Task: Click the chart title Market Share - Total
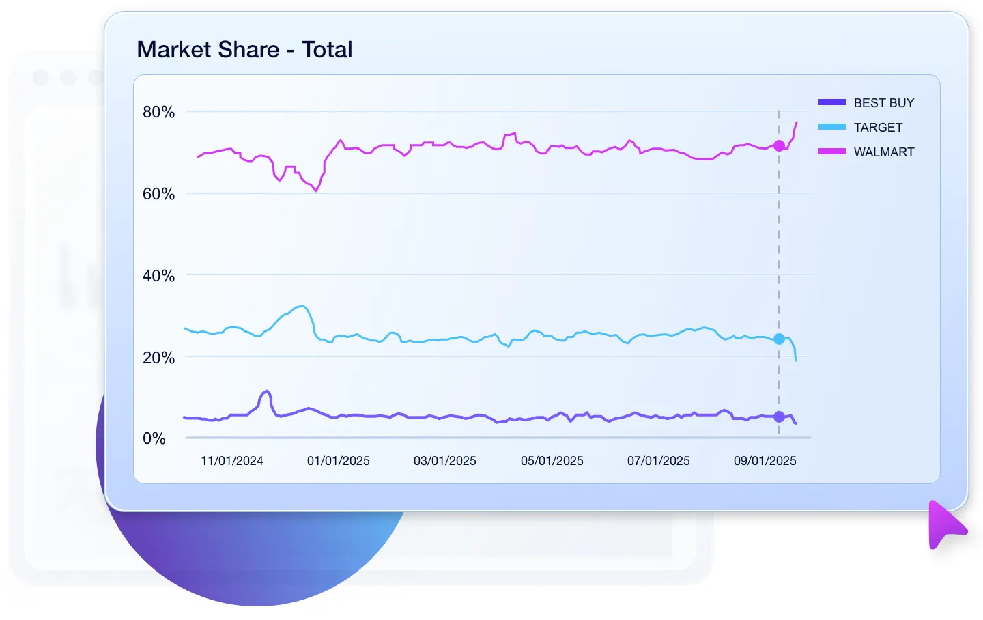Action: pyautogui.click(x=244, y=50)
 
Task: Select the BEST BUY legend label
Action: pyautogui.click(x=883, y=103)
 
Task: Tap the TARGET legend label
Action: pyautogui.click(x=878, y=128)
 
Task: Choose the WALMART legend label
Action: pyautogui.click(x=883, y=152)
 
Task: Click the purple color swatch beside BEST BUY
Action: pyautogui.click(x=831, y=102)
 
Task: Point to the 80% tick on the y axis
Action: pyautogui.click(x=158, y=112)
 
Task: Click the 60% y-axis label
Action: pyautogui.click(x=158, y=194)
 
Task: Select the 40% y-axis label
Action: pyautogui.click(x=158, y=276)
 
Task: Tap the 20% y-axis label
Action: pyautogui.click(x=158, y=358)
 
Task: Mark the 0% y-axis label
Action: pyautogui.click(x=154, y=438)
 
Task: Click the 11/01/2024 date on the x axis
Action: pyautogui.click(x=232, y=461)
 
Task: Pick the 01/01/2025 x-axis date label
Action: pyautogui.click(x=339, y=461)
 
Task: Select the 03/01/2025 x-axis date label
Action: pyautogui.click(x=445, y=461)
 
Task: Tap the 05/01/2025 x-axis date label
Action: pyautogui.click(x=552, y=461)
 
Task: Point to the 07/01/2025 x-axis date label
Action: pyautogui.click(x=659, y=461)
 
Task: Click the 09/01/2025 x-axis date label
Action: pyautogui.click(x=765, y=461)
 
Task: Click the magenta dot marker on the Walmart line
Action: pyautogui.click(x=779, y=145)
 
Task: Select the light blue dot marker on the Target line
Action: pyautogui.click(x=779, y=339)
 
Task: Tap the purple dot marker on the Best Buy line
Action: pyautogui.click(x=779, y=417)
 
